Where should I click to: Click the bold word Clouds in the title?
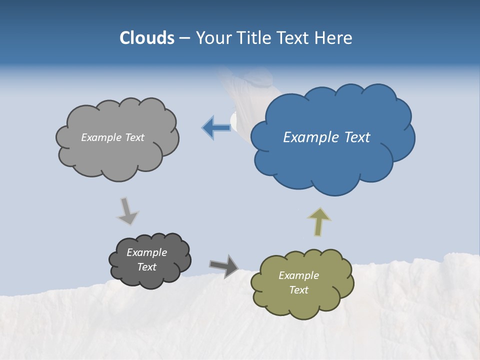[147, 38]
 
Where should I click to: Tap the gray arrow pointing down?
[127, 211]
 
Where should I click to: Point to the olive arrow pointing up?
[319, 221]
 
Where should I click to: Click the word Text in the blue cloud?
[356, 137]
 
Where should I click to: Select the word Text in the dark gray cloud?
[147, 267]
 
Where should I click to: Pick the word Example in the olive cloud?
[298, 275]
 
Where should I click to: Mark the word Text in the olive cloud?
[298, 290]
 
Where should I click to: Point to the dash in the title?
[184, 38]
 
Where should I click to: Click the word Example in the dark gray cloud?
[147, 252]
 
